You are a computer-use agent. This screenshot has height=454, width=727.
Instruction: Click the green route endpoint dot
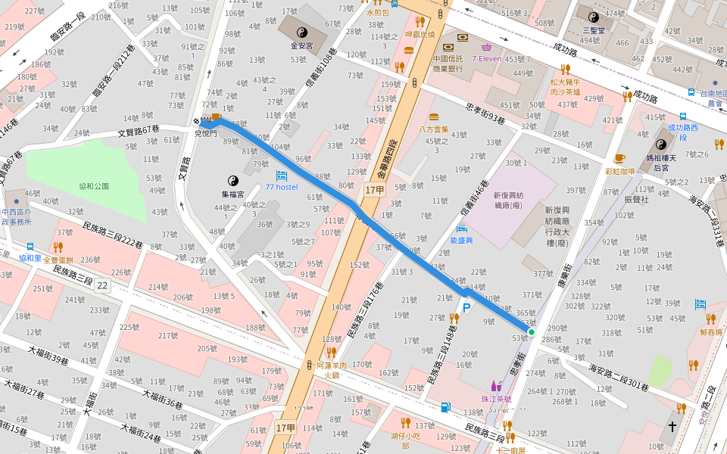click(532, 331)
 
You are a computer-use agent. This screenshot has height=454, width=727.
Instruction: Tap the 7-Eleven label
click(487, 58)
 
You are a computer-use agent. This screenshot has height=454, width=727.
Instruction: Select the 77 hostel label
click(281, 187)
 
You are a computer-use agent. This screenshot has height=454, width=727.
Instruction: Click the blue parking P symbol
click(467, 308)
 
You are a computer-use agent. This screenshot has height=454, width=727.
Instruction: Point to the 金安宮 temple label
click(301, 45)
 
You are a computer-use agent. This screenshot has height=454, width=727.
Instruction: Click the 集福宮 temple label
click(232, 194)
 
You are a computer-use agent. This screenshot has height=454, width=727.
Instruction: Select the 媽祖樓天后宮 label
click(662, 162)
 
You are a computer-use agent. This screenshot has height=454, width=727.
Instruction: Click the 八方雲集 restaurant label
click(434, 129)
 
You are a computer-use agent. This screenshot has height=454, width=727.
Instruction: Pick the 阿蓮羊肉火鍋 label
click(330, 369)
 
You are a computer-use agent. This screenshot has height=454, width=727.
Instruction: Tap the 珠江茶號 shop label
click(496, 399)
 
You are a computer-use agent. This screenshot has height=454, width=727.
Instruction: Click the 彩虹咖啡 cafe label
click(619, 171)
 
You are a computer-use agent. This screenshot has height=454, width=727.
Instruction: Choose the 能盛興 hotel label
click(461, 240)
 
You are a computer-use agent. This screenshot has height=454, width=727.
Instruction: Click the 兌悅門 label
click(205, 133)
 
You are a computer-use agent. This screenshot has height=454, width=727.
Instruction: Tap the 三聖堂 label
click(594, 31)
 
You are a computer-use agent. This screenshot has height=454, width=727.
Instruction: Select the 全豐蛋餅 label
click(58, 260)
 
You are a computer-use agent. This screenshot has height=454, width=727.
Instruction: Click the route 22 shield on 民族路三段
click(102, 285)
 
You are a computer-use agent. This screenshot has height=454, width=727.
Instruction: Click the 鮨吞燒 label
click(711, 331)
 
